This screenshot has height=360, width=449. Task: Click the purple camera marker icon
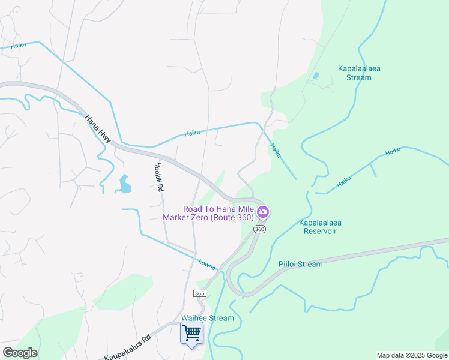point(262,212)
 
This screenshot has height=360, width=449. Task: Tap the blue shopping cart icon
point(191,332)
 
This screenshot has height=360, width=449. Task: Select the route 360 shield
point(259,230)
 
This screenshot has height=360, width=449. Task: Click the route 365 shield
point(200,293)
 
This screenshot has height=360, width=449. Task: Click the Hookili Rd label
point(159,177)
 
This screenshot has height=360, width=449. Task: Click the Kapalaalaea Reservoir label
point(320,226)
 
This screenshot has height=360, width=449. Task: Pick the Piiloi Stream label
point(300,264)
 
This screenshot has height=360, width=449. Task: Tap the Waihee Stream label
point(208,318)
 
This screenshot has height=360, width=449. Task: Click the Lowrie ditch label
point(206,263)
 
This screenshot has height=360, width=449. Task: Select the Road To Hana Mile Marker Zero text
point(214,213)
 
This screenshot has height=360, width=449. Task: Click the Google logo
point(20,353)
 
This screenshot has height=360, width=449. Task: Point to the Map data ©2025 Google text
point(412,355)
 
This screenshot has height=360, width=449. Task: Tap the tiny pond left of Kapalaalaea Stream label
point(315,76)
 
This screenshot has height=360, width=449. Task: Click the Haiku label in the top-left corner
point(18,45)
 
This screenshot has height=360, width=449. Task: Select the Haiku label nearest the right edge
point(393,151)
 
